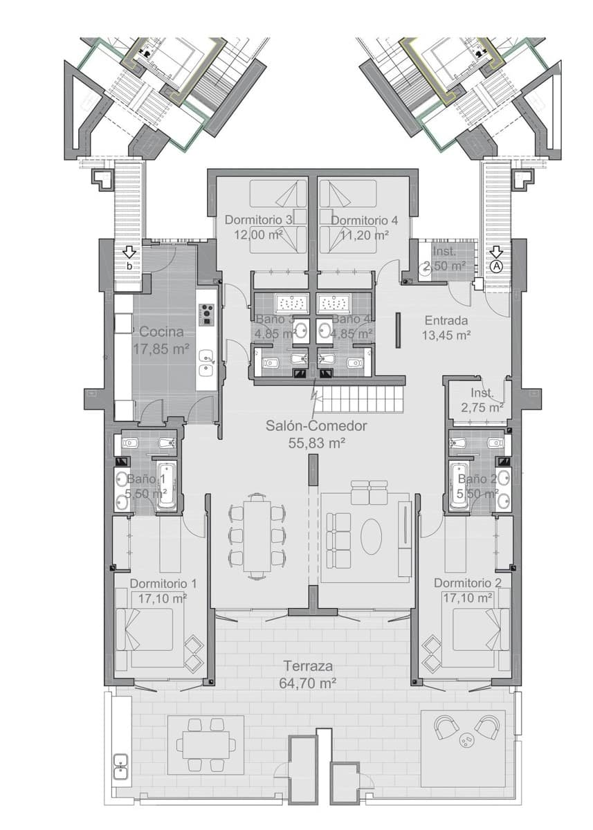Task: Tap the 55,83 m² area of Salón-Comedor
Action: [316, 443]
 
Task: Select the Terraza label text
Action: [309, 666]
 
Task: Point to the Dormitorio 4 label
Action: [364, 220]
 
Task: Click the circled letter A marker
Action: [496, 266]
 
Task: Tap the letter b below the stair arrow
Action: [129, 266]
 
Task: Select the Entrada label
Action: [446, 320]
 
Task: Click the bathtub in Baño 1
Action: [167, 486]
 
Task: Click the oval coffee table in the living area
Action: [372, 536]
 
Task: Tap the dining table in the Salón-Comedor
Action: [257, 536]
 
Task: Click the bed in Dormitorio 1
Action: [154, 631]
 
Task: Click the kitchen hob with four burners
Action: [206, 315]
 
